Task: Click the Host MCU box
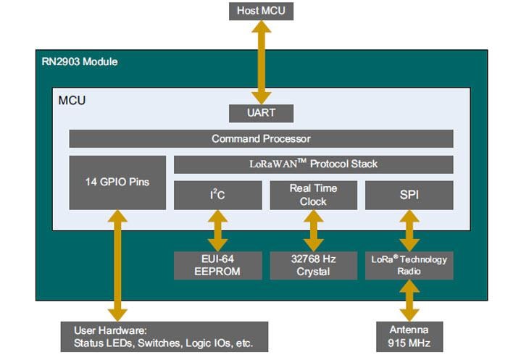click(x=261, y=11)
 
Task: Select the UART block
click(x=261, y=114)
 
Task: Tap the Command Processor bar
click(x=261, y=138)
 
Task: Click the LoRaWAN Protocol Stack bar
click(x=313, y=164)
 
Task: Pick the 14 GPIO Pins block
click(x=117, y=182)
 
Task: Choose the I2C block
click(x=217, y=195)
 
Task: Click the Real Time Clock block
click(x=313, y=195)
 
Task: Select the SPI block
click(x=409, y=195)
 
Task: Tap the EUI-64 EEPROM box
click(x=217, y=265)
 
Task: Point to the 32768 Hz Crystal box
click(x=313, y=265)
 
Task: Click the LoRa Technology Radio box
click(x=409, y=265)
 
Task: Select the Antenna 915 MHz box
click(x=409, y=335)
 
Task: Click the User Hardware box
click(x=164, y=336)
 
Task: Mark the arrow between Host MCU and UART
click(x=261, y=62)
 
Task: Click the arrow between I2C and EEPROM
click(x=217, y=230)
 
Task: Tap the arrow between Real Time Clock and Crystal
click(x=313, y=230)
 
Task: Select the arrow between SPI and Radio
click(x=409, y=230)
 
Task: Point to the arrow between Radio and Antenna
click(x=409, y=300)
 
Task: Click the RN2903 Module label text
click(x=80, y=62)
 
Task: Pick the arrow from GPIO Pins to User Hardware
click(x=117, y=264)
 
